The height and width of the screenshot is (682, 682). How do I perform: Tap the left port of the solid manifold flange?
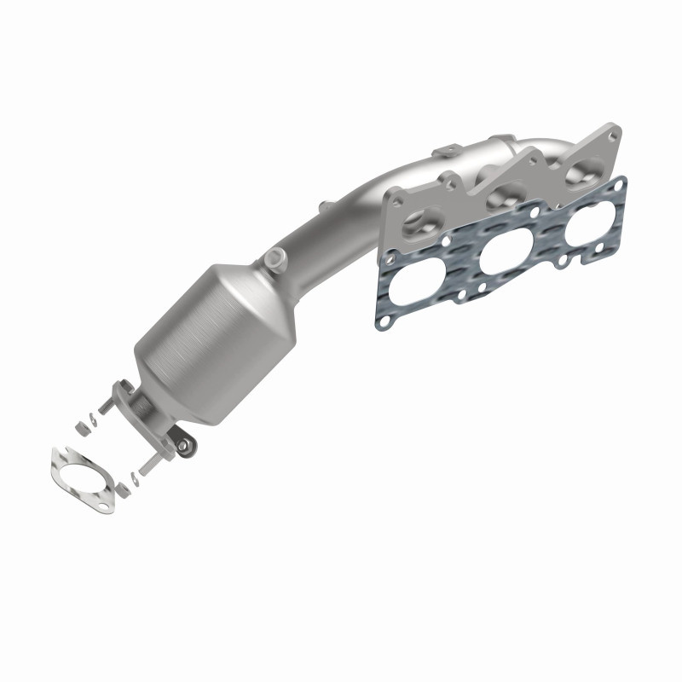click(x=419, y=223)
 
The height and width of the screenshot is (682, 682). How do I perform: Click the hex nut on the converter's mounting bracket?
click(x=182, y=444)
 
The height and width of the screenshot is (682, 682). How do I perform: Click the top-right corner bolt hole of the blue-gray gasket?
click(x=619, y=183)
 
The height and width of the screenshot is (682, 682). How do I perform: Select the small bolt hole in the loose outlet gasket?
click(x=103, y=507)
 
